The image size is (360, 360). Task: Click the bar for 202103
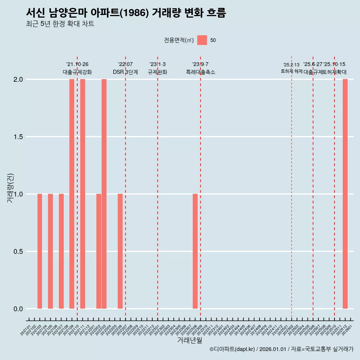pyautogui.click(x=40, y=251)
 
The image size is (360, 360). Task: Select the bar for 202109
pyautogui.click(x=72, y=194)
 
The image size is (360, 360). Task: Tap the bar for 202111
pyautogui.click(x=82, y=194)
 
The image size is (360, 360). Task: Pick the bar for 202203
pyautogui.click(x=104, y=194)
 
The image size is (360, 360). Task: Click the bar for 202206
pyautogui.click(x=120, y=251)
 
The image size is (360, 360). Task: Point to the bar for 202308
pyautogui.click(x=195, y=251)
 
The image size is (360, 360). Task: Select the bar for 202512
pyautogui.click(x=345, y=194)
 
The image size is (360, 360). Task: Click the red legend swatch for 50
pyautogui.click(x=202, y=40)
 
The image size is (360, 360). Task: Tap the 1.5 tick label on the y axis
pyautogui.click(x=18, y=137)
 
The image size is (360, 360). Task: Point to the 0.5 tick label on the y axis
pyautogui.click(x=18, y=252)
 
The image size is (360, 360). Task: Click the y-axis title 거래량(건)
pyautogui.click(x=10, y=188)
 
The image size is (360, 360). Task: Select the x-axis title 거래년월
pyautogui.click(x=189, y=340)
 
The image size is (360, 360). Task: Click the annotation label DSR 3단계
pyautogui.click(x=126, y=72)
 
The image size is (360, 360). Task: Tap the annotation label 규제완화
pyautogui.click(x=157, y=72)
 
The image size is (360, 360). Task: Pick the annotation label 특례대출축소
pyautogui.click(x=201, y=72)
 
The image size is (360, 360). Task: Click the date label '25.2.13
pyautogui.click(x=291, y=65)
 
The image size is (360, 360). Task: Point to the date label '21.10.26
pyautogui.click(x=77, y=64)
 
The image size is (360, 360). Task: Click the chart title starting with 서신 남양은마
pyautogui.click(x=126, y=13)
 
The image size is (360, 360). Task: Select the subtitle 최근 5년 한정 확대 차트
pyautogui.click(x=60, y=24)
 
